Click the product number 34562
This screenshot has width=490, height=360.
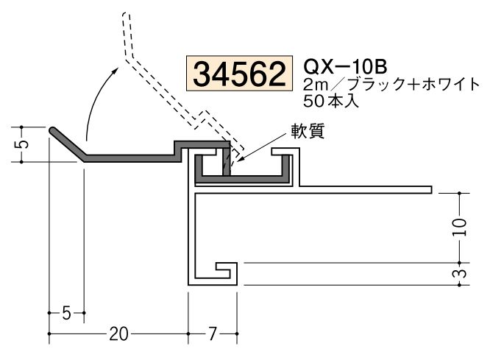coord(238,74)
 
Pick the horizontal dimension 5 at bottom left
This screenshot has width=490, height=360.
coord(66,314)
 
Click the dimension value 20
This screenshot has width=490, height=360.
coord(117,334)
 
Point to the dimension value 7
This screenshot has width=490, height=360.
coord(212,334)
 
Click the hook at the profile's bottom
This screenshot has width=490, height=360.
coord(224,272)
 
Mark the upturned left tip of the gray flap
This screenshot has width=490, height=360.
coord(54,130)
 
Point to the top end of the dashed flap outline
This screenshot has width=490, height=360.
coord(126,15)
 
